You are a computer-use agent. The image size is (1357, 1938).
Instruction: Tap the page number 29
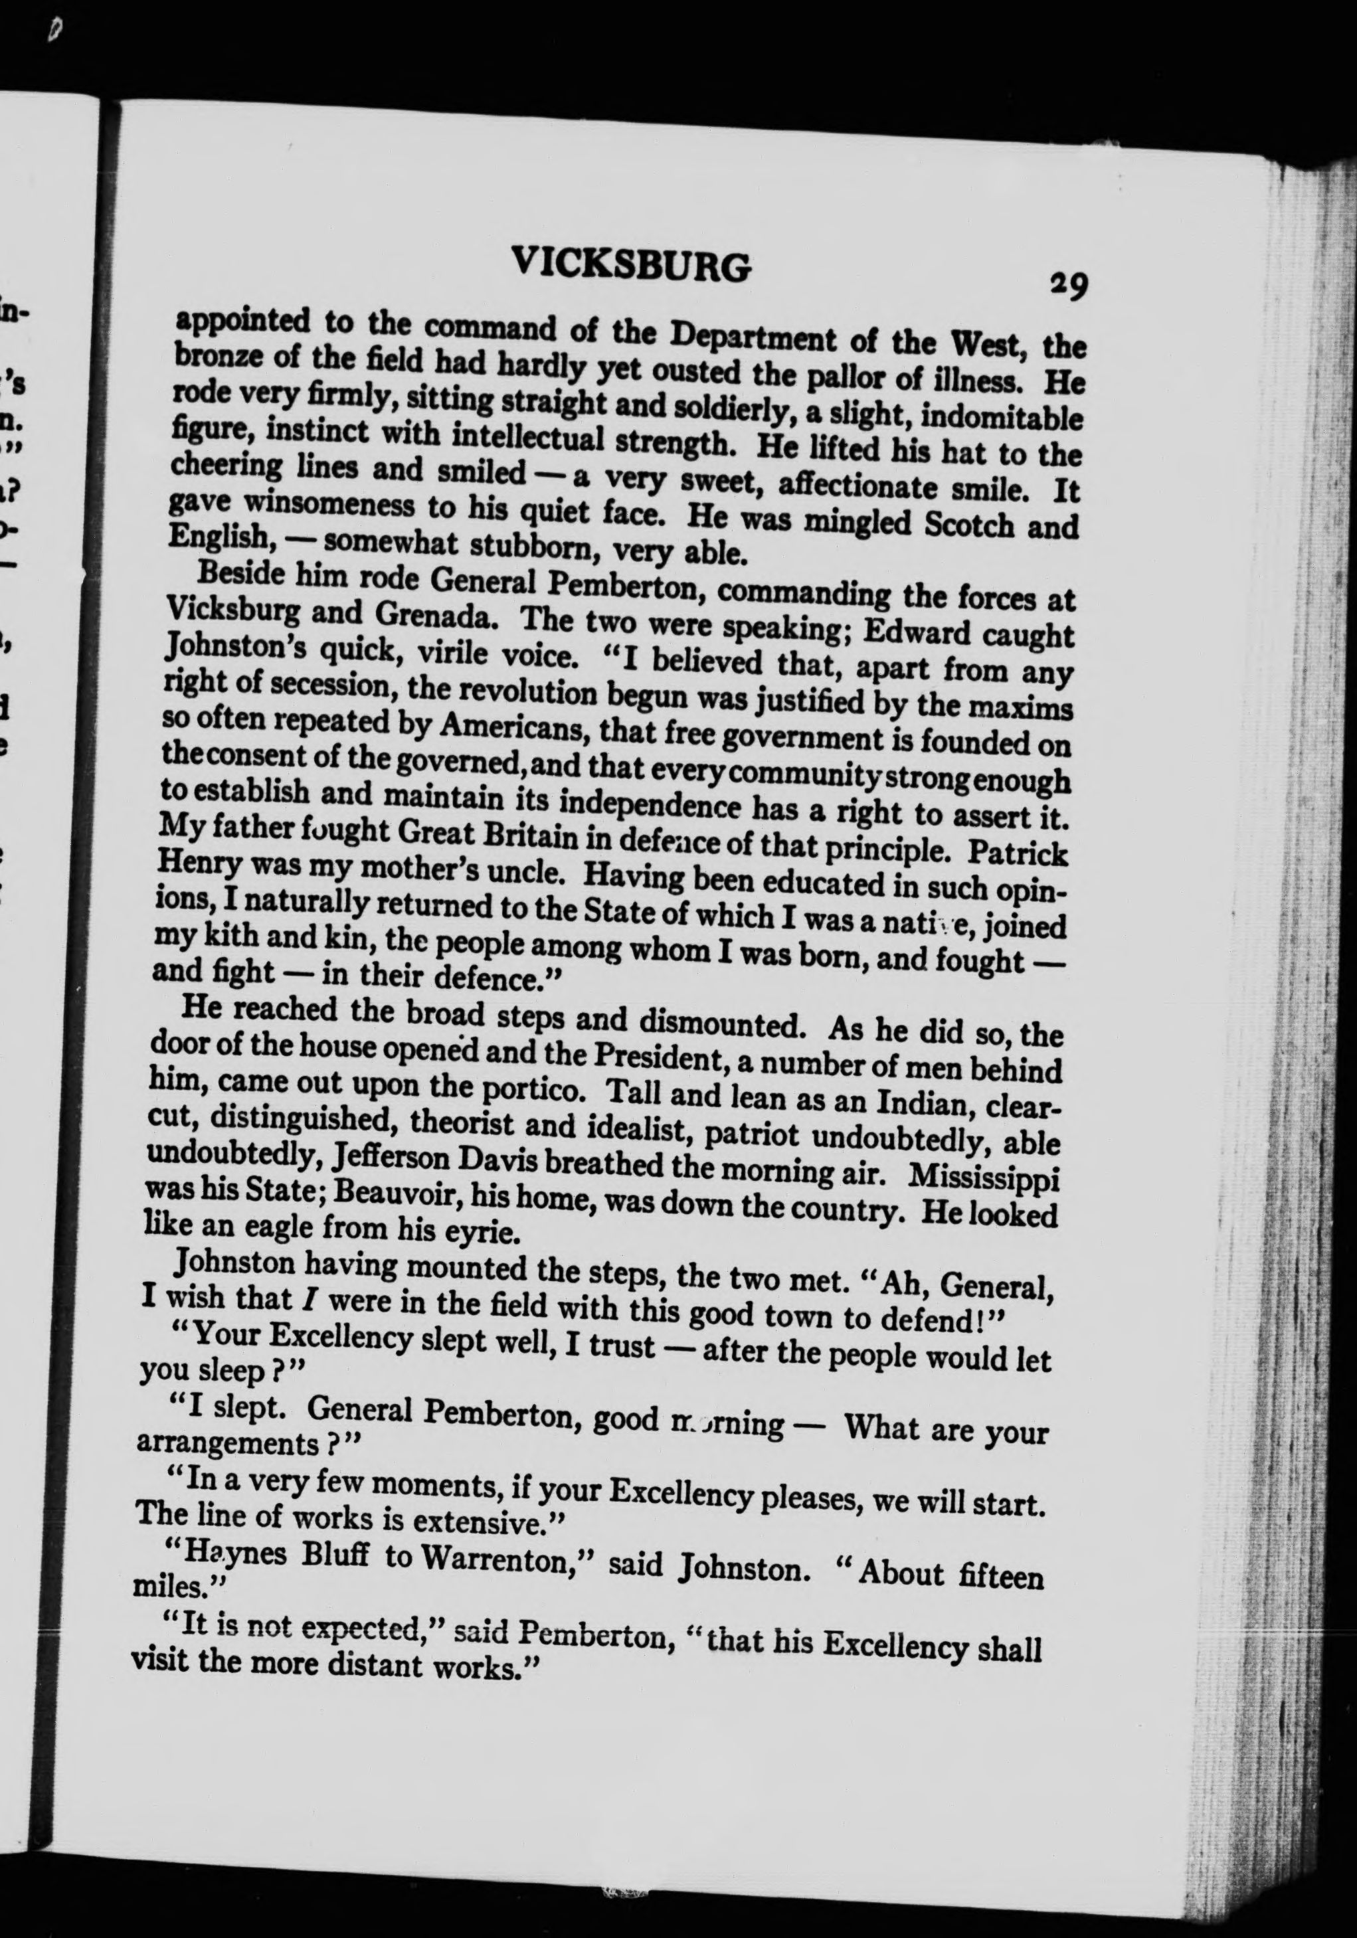[1067, 286]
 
